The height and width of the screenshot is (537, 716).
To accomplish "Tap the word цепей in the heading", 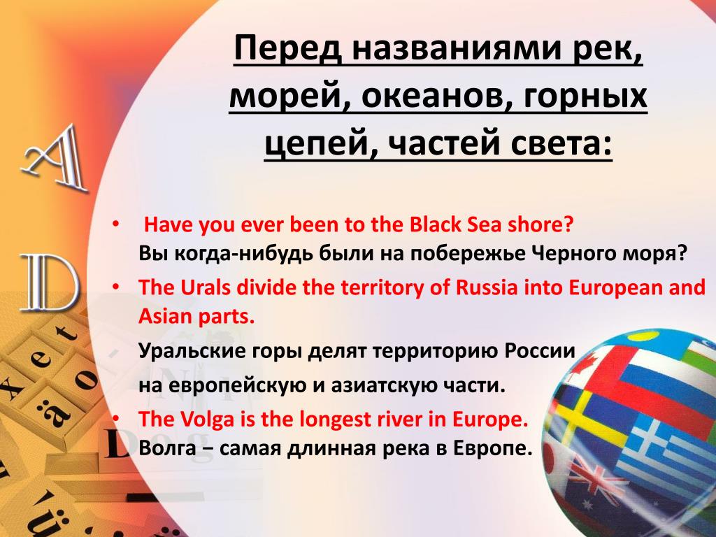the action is point(317,144).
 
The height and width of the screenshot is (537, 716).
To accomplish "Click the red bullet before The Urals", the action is point(116,287).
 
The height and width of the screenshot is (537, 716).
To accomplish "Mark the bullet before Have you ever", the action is point(116,224).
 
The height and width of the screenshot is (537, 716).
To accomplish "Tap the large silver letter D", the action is point(50,283).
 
